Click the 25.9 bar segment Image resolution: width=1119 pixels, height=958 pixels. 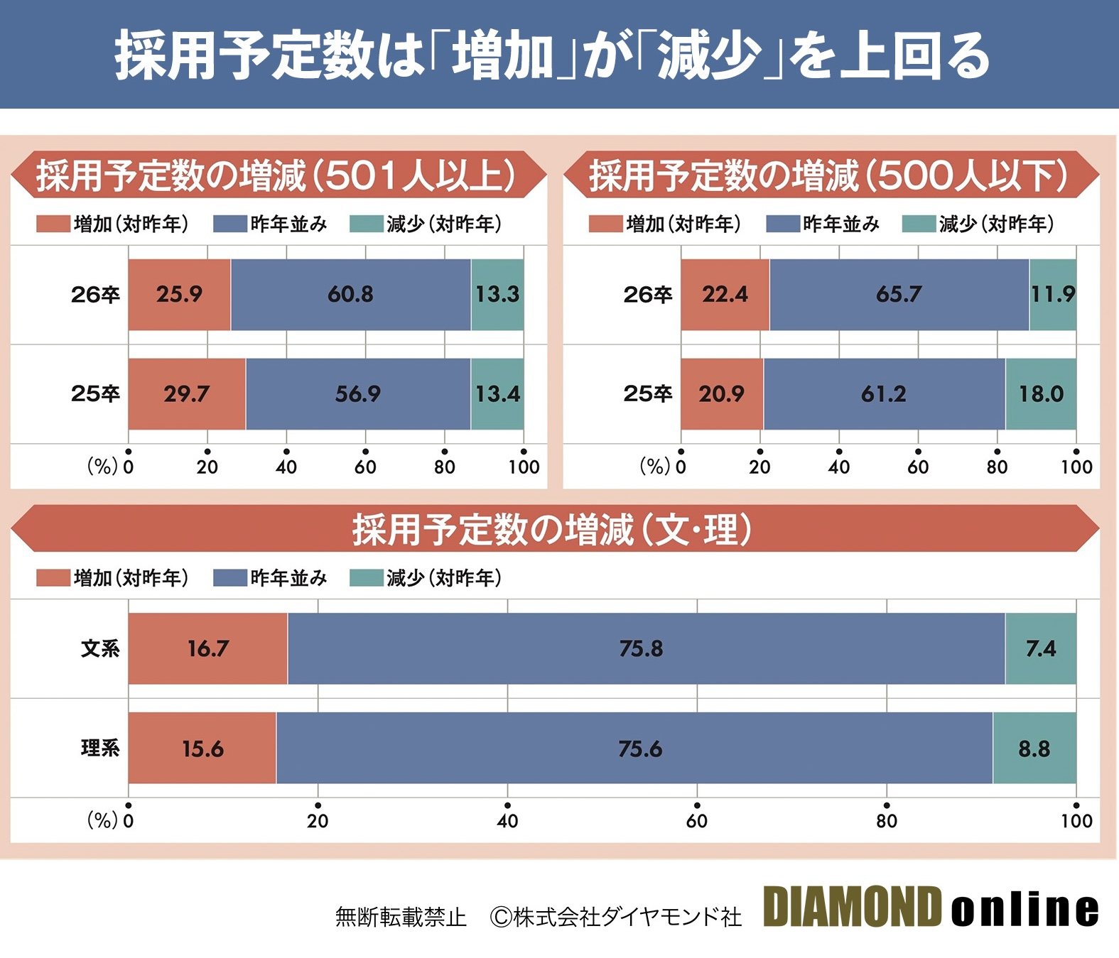pos(179,295)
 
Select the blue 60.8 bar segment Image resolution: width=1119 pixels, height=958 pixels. pos(350,295)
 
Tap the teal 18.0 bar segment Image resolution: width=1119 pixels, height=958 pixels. pos(1041,394)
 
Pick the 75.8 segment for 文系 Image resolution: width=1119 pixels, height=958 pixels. pos(641,648)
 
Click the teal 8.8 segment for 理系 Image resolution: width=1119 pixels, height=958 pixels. pos(1034,749)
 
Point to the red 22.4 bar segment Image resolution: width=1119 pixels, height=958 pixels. pos(725,295)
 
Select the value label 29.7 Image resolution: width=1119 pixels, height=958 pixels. pos(186,394)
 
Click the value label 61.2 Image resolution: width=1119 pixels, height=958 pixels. pos(883,394)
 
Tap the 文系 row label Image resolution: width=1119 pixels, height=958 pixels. pos(99,648)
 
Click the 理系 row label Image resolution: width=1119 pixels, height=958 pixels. pos(99,749)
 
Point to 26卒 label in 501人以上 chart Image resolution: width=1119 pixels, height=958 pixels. pos(95,295)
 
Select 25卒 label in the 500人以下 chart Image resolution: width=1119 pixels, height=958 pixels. pos(647,394)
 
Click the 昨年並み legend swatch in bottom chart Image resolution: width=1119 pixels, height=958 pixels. pos(229,578)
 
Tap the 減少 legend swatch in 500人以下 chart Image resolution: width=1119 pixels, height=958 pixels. pos(918,224)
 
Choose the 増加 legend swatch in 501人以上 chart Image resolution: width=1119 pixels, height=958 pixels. pos(53,224)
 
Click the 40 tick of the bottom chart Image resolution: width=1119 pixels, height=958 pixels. pos(507,820)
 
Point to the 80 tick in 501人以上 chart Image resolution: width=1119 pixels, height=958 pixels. pos(445,467)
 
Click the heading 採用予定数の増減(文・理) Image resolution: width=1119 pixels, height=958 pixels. pos(552,530)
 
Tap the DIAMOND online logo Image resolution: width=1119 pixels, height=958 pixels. pos(931,908)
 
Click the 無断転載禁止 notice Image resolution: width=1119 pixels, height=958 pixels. pos(401,917)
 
